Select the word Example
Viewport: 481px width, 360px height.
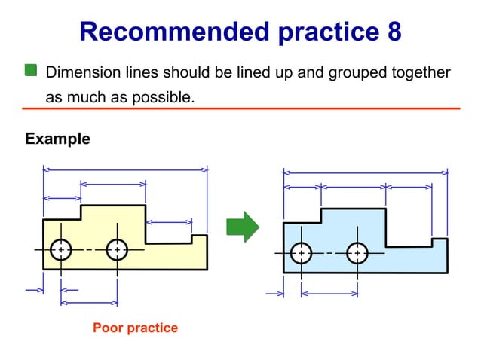[x=57, y=139]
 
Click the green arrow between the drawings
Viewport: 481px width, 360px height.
[x=242, y=227]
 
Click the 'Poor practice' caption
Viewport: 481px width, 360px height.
[x=135, y=328]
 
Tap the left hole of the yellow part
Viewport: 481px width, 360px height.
[x=61, y=249]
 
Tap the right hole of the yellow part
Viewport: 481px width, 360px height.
[x=117, y=249]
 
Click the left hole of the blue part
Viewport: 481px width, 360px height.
[x=301, y=253]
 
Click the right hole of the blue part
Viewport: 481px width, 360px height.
[x=357, y=253]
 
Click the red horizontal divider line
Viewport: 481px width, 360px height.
[x=241, y=109]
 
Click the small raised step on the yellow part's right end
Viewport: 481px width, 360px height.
[x=200, y=240]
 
